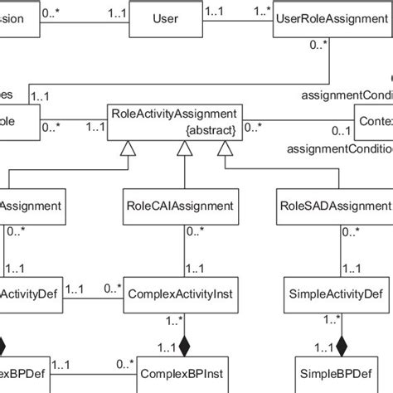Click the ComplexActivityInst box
point(182,293)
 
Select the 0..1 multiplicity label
point(339,132)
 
